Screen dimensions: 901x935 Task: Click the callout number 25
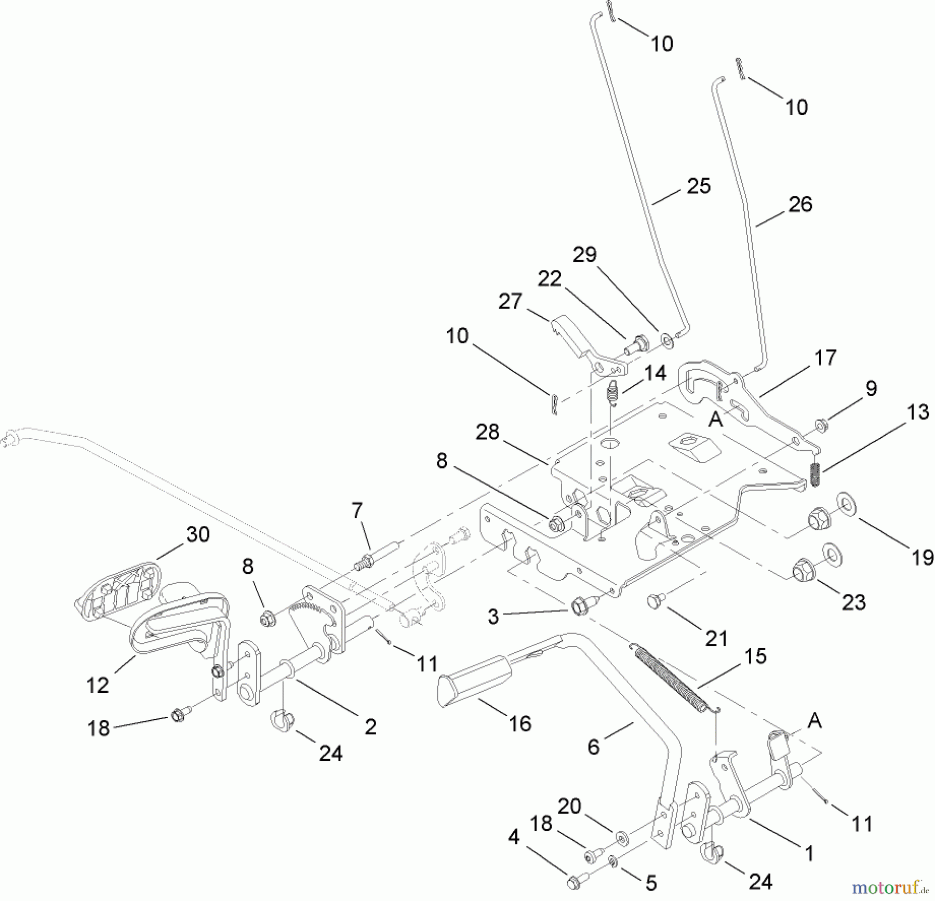[698, 186]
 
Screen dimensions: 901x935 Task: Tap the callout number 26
[799, 204]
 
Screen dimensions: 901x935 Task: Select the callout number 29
[584, 254]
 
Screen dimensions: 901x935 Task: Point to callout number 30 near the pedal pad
[198, 534]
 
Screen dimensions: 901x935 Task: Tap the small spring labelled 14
[613, 393]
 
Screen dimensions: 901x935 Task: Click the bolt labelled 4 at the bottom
[576, 881]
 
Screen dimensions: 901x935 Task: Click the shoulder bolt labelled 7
[377, 555]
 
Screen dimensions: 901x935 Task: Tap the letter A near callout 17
[715, 419]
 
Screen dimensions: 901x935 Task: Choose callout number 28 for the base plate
[487, 432]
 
